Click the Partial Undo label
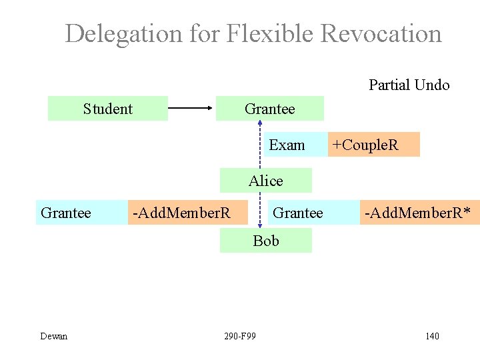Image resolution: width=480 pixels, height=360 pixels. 409,85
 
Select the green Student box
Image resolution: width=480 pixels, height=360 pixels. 107,108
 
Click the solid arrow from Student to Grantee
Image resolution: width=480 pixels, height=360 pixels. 191,108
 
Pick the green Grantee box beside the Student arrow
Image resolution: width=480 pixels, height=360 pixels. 269,108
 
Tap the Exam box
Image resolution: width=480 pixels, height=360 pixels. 287,145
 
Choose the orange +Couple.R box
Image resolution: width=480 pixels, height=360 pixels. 373,145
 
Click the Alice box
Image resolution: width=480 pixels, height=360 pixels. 266,181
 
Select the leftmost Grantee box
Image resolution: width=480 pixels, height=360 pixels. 65,213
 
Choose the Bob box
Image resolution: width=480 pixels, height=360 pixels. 266,241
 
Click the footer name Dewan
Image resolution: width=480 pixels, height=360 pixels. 53,336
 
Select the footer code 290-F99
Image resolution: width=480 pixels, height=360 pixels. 241,336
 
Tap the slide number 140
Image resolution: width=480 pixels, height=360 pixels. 432,336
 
